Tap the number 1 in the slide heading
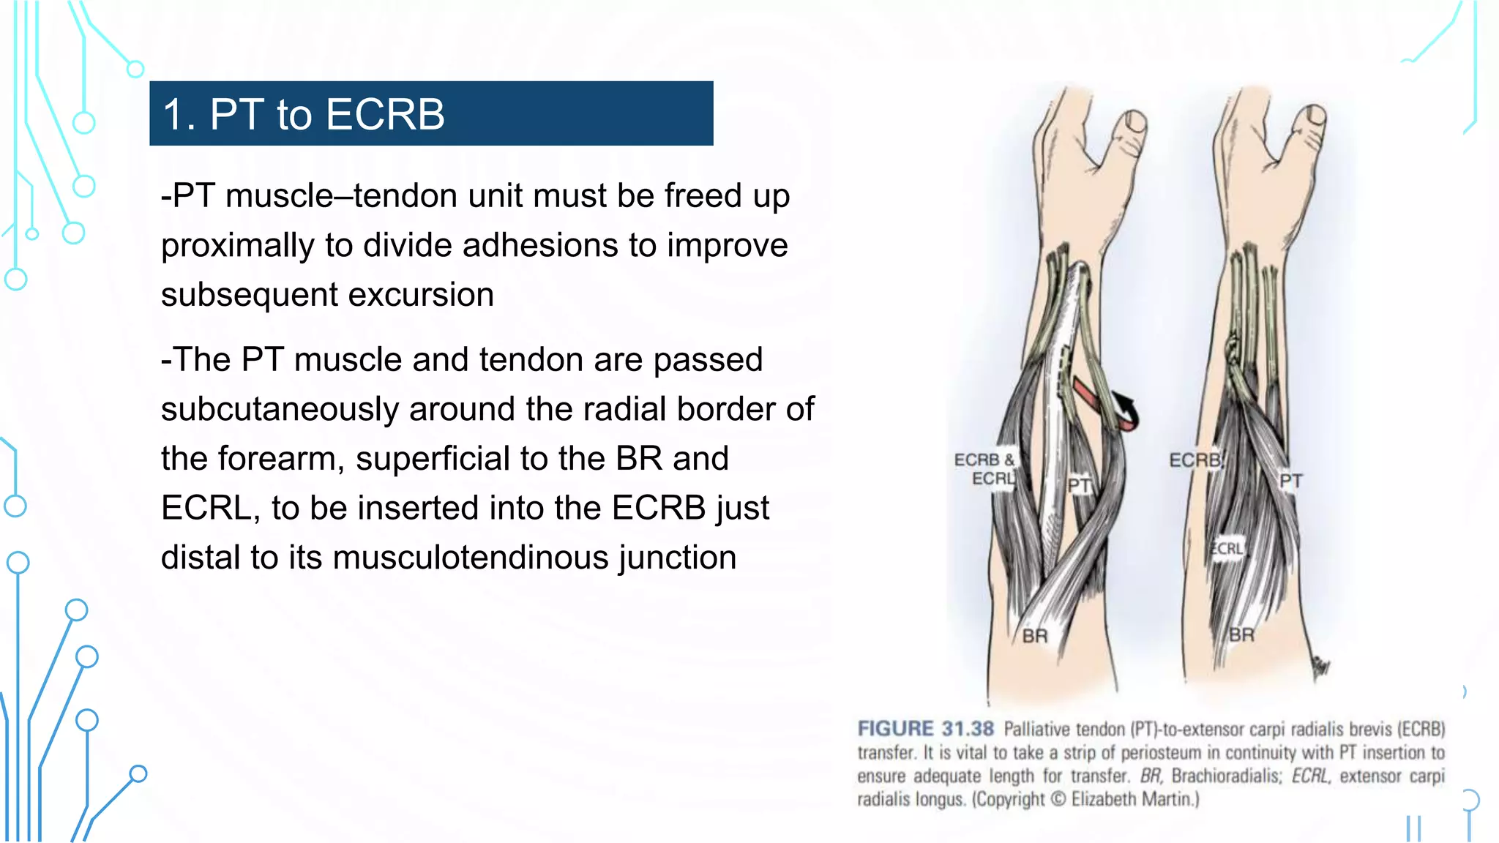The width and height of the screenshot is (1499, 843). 173,115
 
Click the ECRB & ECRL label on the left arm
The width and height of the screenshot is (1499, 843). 984,469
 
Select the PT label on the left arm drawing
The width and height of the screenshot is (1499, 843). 1079,485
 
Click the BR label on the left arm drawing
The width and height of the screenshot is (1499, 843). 1034,636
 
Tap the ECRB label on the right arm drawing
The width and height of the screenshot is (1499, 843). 1195,460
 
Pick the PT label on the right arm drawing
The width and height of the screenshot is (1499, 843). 1290,481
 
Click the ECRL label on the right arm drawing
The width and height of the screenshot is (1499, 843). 1226,549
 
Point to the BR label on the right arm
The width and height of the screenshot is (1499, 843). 1241,634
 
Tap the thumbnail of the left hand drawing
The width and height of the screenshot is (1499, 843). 1137,120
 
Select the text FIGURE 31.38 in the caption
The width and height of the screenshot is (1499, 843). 925,729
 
